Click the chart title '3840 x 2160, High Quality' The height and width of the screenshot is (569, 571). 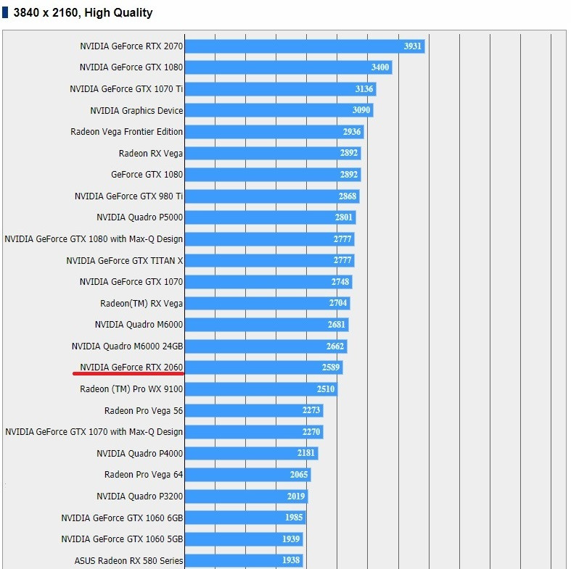coord(83,13)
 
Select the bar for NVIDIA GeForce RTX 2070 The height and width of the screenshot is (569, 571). coord(290,46)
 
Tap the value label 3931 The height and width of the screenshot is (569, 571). coord(413,46)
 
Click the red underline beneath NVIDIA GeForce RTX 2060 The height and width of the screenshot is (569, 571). coord(128,374)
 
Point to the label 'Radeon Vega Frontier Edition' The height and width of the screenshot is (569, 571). coord(127,132)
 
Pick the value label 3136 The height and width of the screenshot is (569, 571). coord(364,89)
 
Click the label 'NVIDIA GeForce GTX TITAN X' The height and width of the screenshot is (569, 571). coord(125,260)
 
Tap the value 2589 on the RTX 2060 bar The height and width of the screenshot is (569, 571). coord(331,368)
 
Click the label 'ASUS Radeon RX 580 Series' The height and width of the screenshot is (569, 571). coord(129,560)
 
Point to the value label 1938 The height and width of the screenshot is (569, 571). coord(291,560)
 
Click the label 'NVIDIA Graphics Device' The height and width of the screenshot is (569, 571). coord(136,111)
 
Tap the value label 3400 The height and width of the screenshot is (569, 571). coord(380,67)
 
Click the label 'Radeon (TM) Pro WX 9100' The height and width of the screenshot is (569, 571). coord(131,389)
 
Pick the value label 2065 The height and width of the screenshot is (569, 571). coord(299,475)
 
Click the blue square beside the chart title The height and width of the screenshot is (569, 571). coord(6,13)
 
